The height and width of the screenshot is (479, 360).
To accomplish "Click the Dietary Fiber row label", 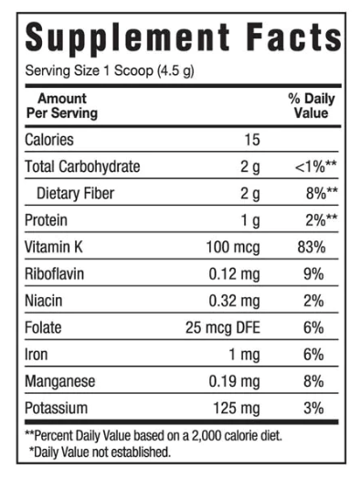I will (x=76, y=193).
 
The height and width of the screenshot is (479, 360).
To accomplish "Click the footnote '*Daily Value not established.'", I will (x=100, y=451).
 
